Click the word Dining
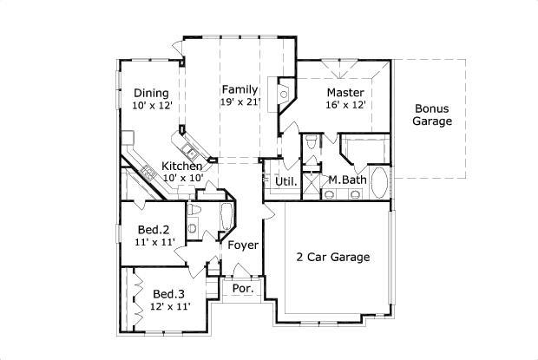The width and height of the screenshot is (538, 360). tap(151, 94)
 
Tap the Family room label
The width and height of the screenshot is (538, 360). tap(239, 89)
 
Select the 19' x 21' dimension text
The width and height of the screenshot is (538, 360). tap(240, 102)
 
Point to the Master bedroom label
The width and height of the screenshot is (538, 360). tap(344, 92)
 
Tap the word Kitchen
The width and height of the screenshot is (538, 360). tap(182, 166)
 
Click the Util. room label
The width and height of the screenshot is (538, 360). tap(286, 181)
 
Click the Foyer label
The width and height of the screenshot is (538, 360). tap(243, 245)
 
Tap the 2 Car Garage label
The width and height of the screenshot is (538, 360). tap(334, 258)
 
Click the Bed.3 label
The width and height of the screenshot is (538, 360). tap(168, 293)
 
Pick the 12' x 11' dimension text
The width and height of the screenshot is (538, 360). tap(170, 306)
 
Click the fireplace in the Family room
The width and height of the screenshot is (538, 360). tap(283, 95)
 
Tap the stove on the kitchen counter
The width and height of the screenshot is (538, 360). tap(148, 171)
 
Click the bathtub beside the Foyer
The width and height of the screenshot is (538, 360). tap(224, 217)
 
